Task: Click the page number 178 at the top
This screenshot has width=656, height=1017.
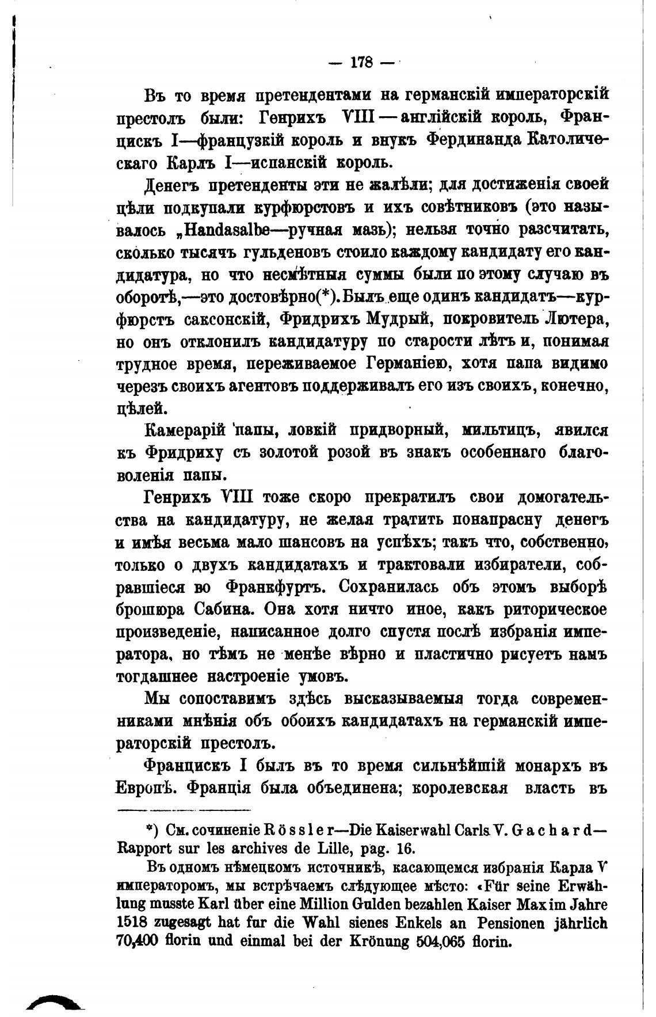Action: tap(362, 62)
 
